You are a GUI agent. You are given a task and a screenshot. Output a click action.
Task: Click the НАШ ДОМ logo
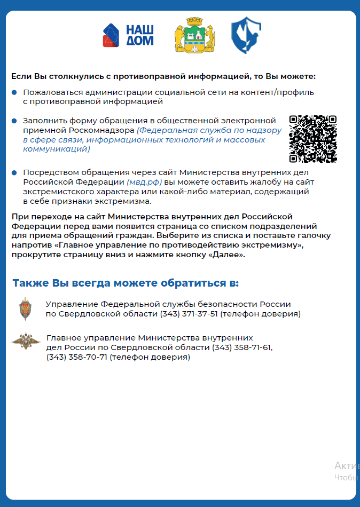coord(128,35)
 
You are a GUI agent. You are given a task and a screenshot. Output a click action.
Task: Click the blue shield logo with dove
coord(246,35)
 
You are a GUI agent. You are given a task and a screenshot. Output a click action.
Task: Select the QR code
coord(313,139)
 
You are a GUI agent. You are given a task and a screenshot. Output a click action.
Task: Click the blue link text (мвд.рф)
coord(144,181)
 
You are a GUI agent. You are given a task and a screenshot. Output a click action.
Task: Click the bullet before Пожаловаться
coord(14,92)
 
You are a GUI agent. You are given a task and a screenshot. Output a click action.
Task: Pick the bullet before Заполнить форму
coord(14,121)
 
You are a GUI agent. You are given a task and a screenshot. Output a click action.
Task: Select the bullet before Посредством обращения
coord(14,172)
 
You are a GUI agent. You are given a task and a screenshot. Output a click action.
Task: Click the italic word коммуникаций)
coord(57,149)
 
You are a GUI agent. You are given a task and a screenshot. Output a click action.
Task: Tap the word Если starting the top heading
coord(20,76)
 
